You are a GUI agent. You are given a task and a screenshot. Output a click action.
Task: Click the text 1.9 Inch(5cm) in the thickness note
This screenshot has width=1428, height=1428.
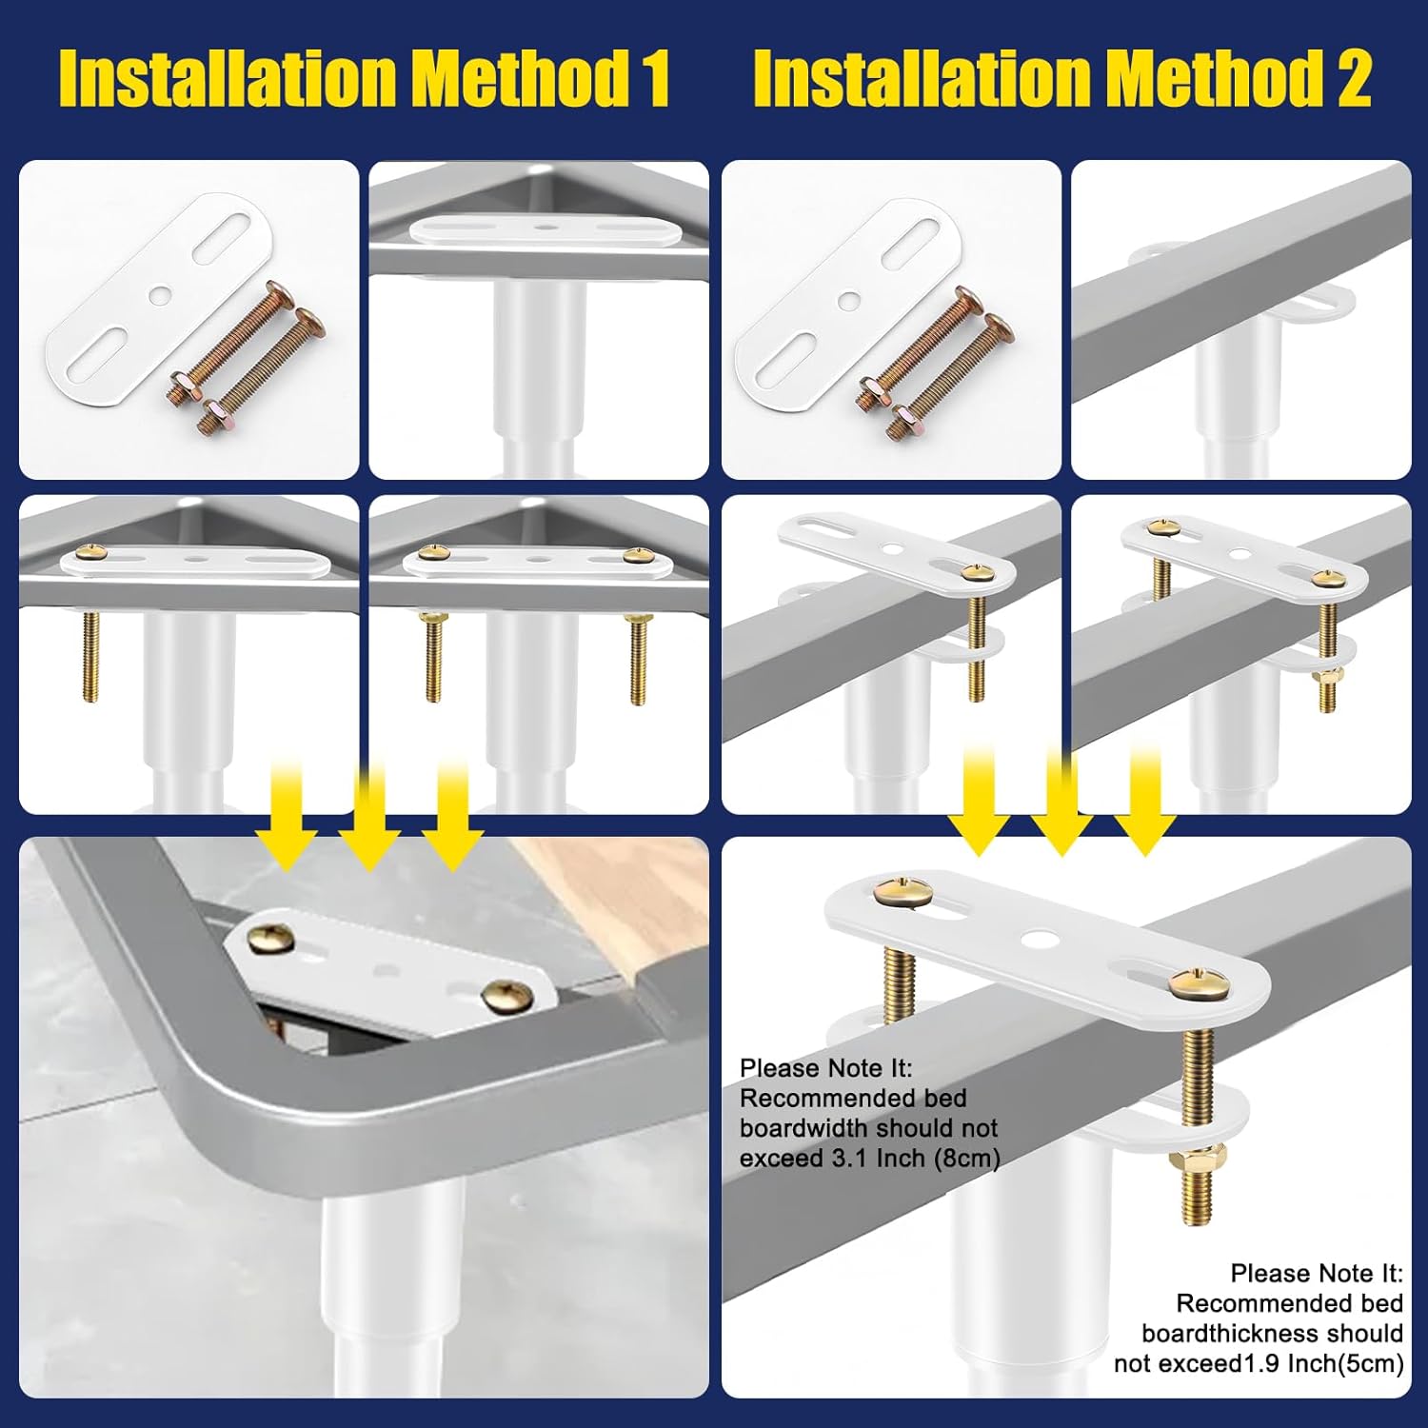(1325, 1363)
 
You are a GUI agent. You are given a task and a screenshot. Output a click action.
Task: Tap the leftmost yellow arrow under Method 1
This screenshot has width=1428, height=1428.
(286, 817)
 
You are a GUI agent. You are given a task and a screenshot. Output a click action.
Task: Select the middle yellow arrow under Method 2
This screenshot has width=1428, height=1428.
(1061, 800)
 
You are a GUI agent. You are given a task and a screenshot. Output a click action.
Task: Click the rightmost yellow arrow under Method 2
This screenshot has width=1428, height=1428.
(1145, 800)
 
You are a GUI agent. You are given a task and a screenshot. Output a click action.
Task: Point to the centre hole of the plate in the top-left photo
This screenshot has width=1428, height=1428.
(161, 295)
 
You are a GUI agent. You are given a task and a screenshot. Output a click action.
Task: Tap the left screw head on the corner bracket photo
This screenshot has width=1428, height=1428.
(268, 939)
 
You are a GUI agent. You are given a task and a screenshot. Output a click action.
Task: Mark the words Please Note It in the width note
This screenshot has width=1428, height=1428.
(825, 1068)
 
